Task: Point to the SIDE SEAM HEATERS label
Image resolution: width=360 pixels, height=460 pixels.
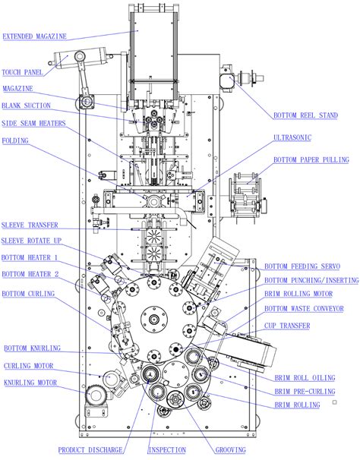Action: (33, 123)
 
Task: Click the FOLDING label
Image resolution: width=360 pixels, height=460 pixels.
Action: (16, 141)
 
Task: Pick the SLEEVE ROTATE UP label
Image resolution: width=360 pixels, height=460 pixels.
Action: (32, 241)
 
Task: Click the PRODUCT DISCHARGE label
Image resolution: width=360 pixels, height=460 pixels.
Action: (90, 450)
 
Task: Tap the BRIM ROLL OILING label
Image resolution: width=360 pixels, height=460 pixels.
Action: (303, 377)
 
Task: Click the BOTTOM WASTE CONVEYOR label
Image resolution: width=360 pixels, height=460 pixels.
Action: (304, 308)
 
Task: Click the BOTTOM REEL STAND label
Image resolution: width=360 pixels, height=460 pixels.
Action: (306, 116)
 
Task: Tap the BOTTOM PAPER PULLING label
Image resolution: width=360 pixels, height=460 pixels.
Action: (311, 159)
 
